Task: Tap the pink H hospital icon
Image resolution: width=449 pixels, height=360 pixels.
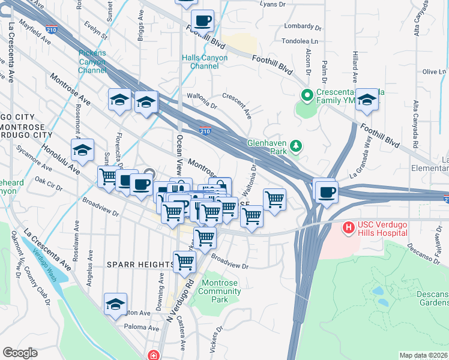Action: tap(348, 228)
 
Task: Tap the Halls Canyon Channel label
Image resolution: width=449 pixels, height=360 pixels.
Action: tap(205, 62)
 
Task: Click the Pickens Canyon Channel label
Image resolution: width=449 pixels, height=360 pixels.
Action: tap(92, 61)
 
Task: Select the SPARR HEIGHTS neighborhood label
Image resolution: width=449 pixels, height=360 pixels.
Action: tap(140, 265)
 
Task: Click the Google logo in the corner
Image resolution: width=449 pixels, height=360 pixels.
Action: tap(20, 353)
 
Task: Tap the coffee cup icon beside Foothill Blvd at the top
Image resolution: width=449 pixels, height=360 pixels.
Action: tap(203, 20)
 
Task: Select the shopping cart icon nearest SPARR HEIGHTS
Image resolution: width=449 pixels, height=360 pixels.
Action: tap(184, 262)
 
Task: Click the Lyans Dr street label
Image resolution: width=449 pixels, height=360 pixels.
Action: tap(273, 4)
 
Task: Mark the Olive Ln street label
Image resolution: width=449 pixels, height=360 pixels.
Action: tap(431, 71)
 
